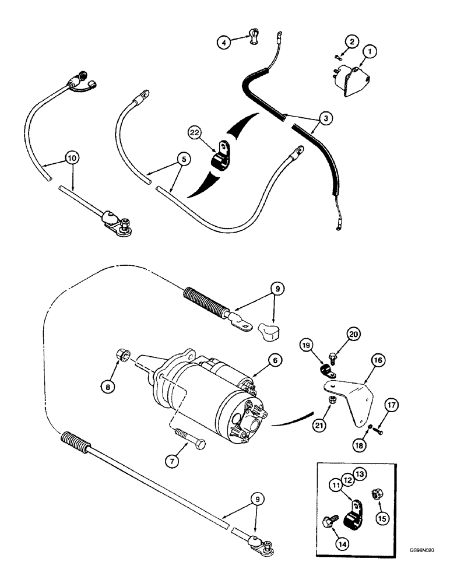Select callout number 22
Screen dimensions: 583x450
coord(195,133)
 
